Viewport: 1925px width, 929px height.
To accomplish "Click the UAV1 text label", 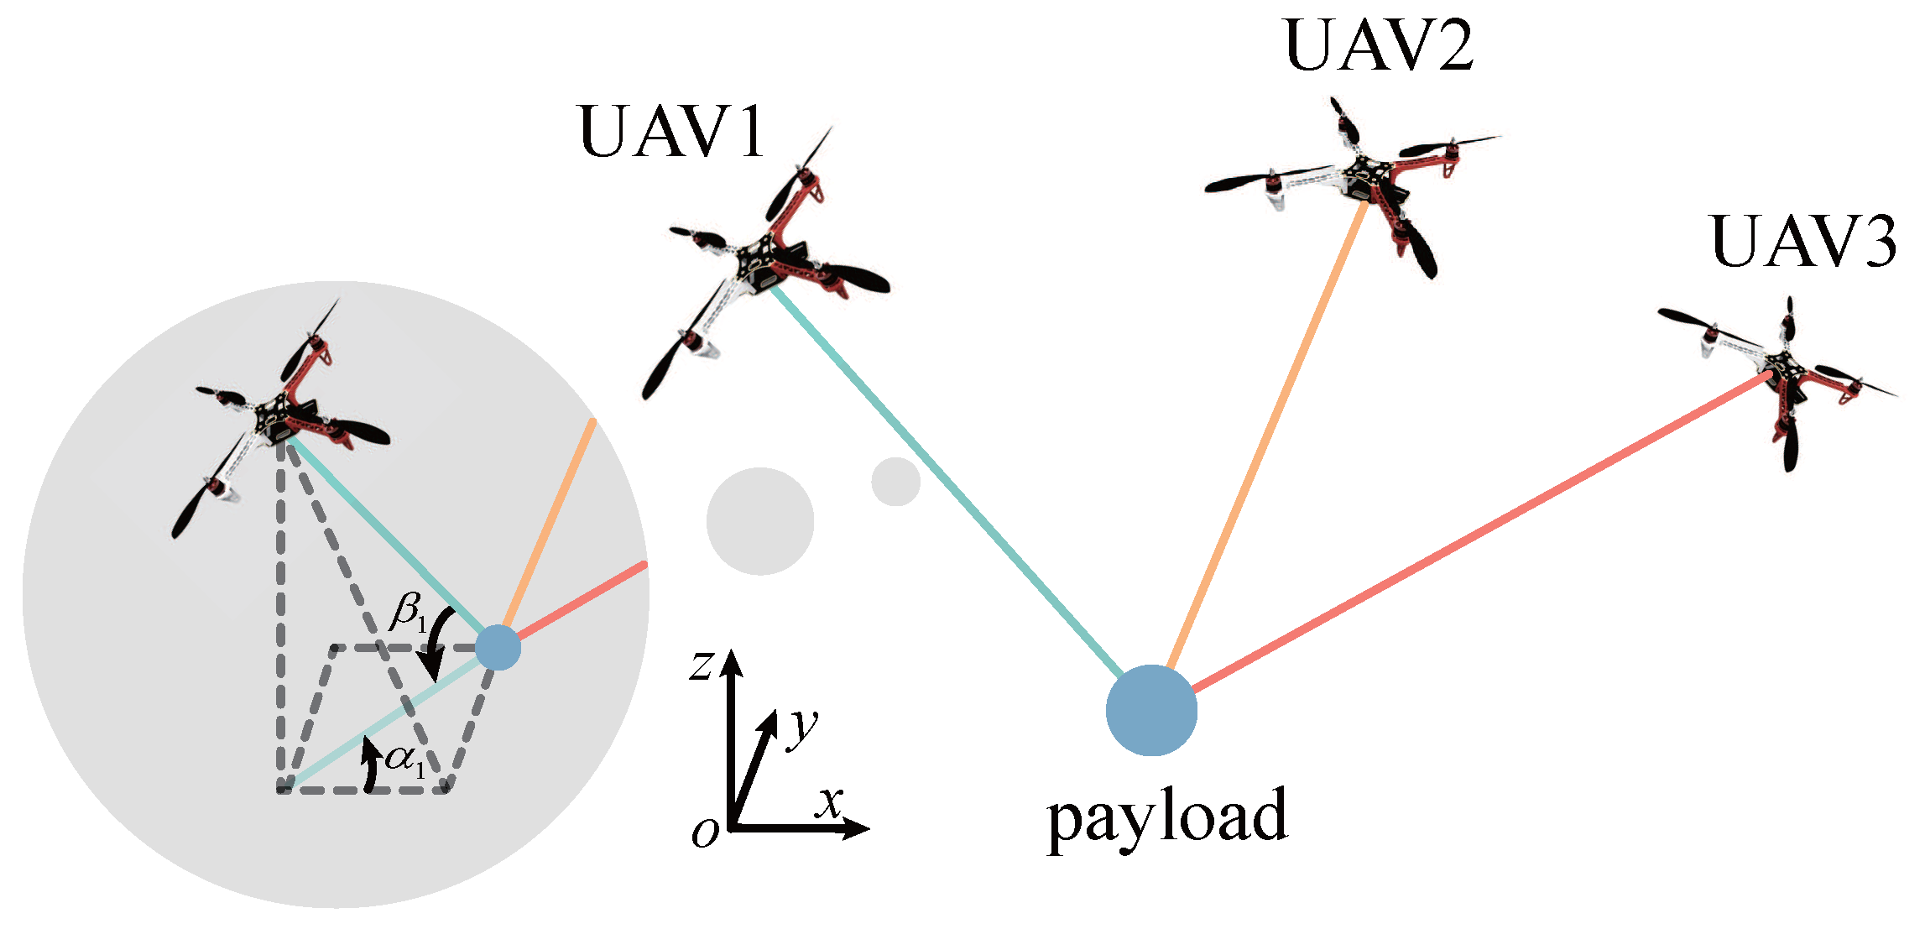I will point(671,133).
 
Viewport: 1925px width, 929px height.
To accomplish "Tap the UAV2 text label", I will point(1379,46).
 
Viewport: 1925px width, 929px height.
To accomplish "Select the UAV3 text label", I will point(1802,243).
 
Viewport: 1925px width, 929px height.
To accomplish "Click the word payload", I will point(1166,816).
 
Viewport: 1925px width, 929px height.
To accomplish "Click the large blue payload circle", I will point(1151,710).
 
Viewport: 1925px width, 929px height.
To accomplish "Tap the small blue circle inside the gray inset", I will point(498,647).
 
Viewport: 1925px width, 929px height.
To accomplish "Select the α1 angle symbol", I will point(405,759).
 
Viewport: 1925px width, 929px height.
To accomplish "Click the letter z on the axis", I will point(701,665).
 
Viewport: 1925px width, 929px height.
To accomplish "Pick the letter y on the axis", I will point(802,726).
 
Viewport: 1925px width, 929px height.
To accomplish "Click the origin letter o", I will point(705,832).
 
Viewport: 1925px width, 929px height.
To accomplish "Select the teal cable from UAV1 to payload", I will point(948,487).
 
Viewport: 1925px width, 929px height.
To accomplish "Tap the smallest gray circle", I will point(895,482).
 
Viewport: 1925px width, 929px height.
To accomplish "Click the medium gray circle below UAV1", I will point(760,521).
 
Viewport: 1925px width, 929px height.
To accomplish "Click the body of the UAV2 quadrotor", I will point(1364,178).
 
